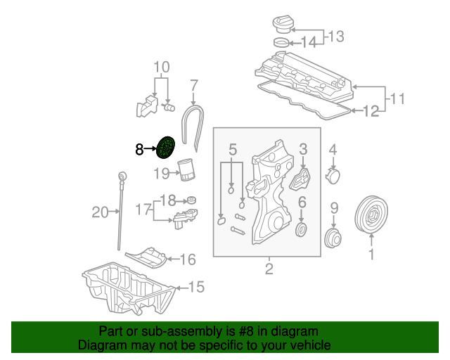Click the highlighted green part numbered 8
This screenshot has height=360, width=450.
pos(166,148)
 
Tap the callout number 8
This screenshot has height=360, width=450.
pos(139,149)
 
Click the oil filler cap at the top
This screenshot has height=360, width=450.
pos(283,25)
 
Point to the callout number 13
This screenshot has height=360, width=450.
pos(336,37)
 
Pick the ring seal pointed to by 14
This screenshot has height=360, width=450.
pos(281,42)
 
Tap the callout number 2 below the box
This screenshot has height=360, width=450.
pos(269,269)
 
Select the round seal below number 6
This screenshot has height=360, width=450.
pos(301,230)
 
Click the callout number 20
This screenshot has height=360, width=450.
pos(100,212)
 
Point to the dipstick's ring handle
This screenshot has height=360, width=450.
pos(123,176)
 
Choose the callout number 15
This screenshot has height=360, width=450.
pos(196,287)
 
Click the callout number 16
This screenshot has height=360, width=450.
pos(188,259)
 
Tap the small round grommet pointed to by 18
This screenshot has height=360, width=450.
pos(191,200)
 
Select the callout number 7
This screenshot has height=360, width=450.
pos(194,86)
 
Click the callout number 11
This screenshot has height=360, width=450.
pos(397,98)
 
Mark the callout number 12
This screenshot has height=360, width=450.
pos(371,111)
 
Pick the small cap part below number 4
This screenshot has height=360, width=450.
pos(333,176)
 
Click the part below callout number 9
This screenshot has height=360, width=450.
pos(333,238)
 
